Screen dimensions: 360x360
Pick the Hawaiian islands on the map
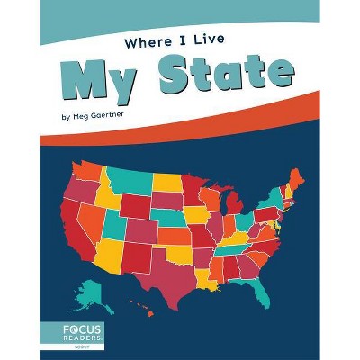tap(145, 310)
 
